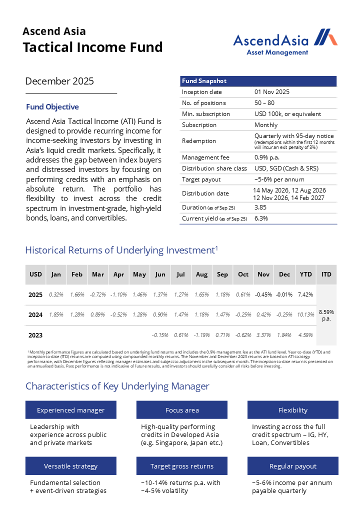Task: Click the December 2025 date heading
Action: (59, 81)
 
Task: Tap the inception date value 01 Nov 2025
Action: (272, 92)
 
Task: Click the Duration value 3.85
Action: (260, 207)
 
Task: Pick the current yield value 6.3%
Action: (261, 218)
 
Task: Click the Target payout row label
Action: (201, 179)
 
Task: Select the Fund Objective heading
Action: (52, 106)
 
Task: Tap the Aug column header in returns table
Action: (201, 274)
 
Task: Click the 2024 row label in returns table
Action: (35, 314)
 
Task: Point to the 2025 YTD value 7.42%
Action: (305, 294)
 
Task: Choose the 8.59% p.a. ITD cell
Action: (326, 315)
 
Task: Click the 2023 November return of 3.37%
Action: (263, 335)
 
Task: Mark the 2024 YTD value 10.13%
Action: (305, 314)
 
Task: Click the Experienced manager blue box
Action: (71, 410)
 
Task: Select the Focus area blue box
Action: (182, 410)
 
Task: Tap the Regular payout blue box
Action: (293, 466)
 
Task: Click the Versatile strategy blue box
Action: (71, 466)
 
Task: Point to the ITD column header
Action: (326, 274)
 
